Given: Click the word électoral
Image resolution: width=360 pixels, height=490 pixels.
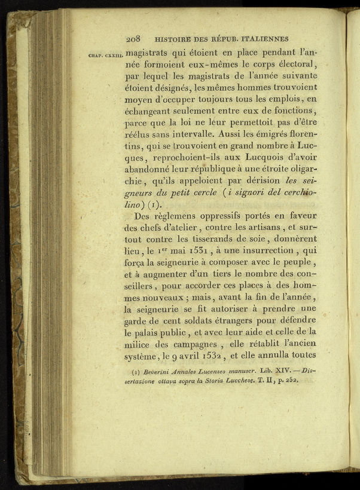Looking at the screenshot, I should coord(291,64).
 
